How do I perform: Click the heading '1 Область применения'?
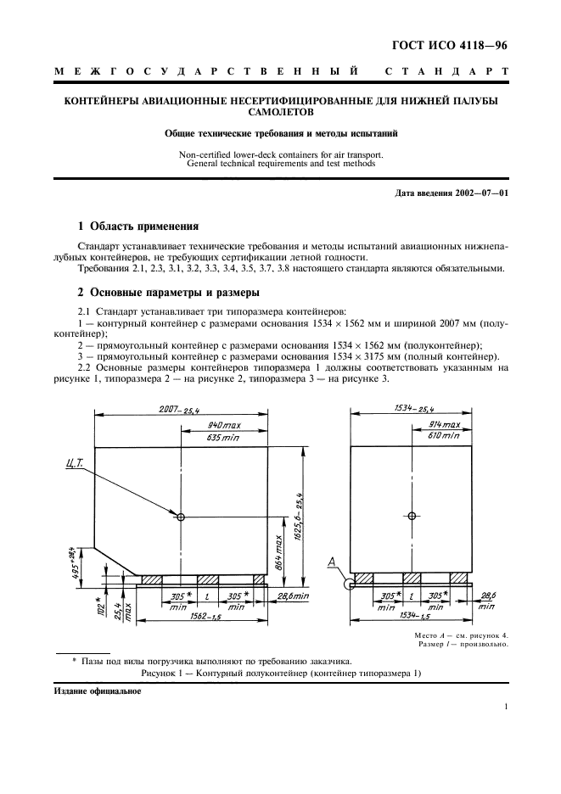137,226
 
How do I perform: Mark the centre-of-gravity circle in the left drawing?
182,516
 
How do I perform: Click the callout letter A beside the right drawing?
334,561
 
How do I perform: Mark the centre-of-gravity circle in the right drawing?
412,516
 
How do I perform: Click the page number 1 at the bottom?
506,707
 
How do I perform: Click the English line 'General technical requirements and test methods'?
280,164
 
